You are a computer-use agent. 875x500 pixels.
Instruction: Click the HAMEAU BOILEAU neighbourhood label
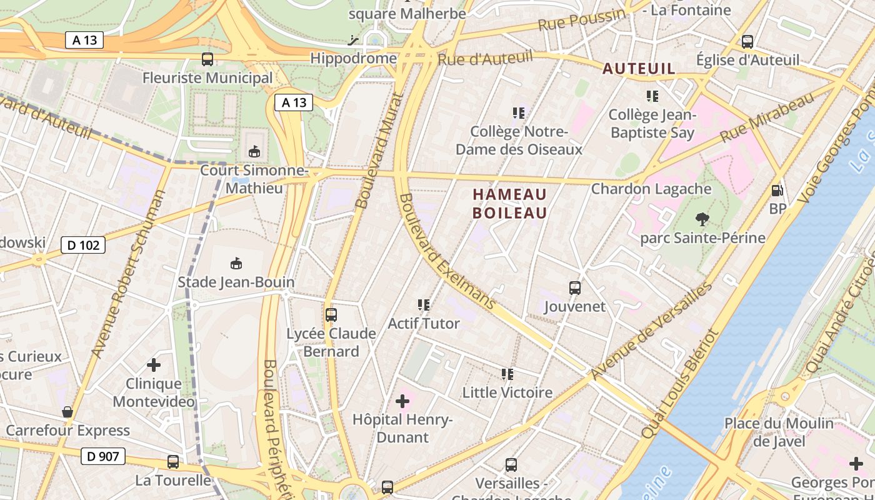click(509, 204)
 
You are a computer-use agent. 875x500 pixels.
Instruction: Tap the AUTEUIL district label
click(639, 69)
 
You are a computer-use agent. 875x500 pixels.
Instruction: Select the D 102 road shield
click(83, 245)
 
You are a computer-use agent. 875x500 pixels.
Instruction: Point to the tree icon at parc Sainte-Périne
click(702, 219)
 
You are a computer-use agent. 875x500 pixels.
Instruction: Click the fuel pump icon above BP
click(777, 191)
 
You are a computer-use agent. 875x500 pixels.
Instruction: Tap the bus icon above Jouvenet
click(575, 288)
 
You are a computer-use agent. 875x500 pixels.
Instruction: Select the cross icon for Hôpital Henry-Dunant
click(402, 401)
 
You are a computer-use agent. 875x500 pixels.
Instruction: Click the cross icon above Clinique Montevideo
click(154, 364)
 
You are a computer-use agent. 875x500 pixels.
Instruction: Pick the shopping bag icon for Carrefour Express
click(67, 412)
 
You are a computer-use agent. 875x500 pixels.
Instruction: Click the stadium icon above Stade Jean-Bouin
click(236, 264)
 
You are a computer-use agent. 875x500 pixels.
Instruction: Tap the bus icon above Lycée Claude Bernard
click(331, 315)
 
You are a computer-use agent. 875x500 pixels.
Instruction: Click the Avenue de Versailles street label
click(651, 332)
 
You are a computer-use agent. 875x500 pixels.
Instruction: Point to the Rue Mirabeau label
click(767, 117)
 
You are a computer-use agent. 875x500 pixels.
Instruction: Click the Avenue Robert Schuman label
click(129, 274)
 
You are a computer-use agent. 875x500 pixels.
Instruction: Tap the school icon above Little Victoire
click(507, 374)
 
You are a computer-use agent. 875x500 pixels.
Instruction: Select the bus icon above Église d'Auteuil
click(747, 42)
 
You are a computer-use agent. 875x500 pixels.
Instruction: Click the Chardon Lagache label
click(651, 189)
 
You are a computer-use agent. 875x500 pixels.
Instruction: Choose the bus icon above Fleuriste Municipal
click(207, 59)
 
